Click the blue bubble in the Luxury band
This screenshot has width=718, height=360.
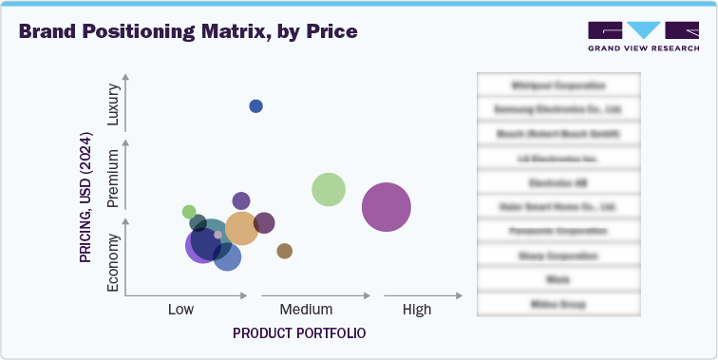click(255, 105)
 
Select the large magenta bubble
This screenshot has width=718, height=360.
click(387, 207)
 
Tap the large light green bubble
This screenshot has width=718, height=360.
click(329, 189)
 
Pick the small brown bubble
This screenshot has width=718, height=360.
click(284, 251)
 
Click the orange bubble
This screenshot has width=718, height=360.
click(241, 228)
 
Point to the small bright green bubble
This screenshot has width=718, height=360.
click(189, 212)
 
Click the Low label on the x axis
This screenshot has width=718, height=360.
click(181, 310)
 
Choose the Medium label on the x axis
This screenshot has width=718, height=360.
click(306, 310)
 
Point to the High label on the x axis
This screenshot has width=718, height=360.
click(416, 310)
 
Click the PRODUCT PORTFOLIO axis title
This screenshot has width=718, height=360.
click(299, 333)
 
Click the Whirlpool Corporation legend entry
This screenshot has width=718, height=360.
click(557, 85)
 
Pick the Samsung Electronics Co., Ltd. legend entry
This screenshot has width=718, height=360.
click(557, 109)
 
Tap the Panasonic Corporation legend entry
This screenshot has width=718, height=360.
click(557, 231)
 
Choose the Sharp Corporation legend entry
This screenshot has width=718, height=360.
click(557, 256)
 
